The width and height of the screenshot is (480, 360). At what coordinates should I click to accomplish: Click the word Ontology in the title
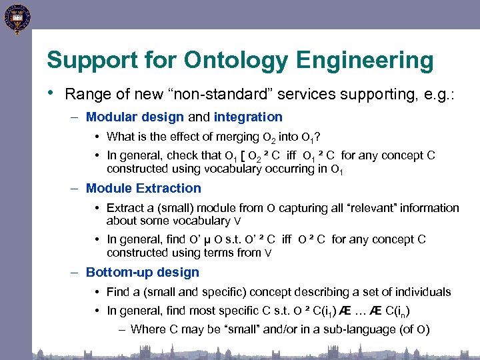coord(237,61)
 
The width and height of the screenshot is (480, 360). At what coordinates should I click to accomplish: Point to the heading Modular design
coord(135,117)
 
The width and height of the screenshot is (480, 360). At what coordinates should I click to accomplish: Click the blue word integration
coord(248,117)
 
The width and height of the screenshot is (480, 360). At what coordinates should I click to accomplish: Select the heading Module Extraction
coord(143,188)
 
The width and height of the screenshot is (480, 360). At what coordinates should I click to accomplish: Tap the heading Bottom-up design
coord(143,272)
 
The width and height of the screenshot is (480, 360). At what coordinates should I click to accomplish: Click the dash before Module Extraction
coord(75,188)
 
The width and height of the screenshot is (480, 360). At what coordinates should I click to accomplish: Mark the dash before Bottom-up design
coord(75,272)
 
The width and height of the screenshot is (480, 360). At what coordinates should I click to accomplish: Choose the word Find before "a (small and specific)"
coord(118,292)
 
